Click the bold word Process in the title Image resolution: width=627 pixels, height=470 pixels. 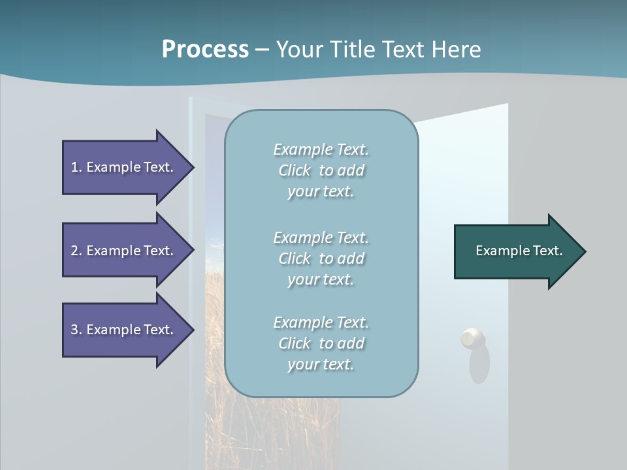pos(205,50)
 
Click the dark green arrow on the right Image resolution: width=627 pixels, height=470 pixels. pos(516,251)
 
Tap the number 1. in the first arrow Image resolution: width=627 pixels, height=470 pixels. pos(76,167)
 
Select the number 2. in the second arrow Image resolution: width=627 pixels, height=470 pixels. pos(76,251)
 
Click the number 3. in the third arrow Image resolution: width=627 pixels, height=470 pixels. pos(76,330)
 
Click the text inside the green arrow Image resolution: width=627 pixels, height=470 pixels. pos(519,251)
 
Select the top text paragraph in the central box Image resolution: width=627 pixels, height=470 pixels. pos(321,170)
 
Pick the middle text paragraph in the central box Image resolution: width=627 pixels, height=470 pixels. pos(321,258)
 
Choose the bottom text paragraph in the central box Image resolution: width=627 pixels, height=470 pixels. pos(321,343)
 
